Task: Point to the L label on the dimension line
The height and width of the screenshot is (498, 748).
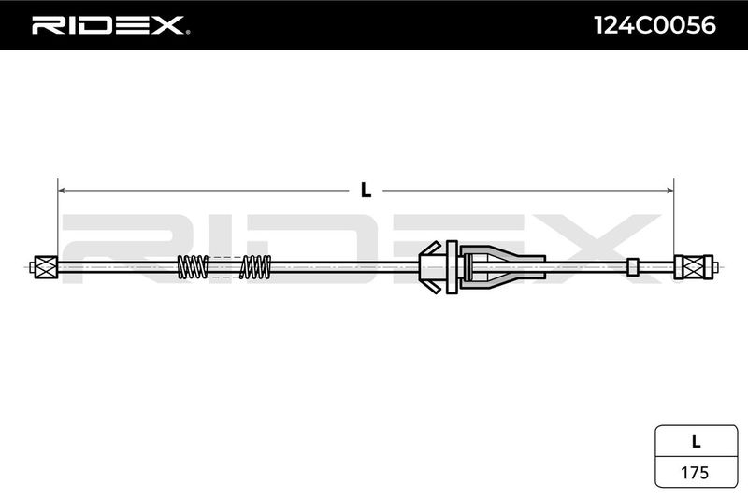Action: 366,190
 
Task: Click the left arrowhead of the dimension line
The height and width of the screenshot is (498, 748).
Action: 63,190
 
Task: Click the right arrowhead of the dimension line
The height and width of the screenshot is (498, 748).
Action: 669,190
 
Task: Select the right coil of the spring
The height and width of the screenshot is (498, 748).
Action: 255,267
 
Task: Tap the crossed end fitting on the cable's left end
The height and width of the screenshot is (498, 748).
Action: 46,267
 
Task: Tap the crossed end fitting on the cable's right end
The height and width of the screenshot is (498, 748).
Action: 694,267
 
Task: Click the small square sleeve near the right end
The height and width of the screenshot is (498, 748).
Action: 633,267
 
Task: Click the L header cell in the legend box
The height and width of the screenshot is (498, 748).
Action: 694,440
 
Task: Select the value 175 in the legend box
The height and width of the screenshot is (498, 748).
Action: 694,472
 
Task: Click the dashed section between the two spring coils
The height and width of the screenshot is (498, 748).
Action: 223,267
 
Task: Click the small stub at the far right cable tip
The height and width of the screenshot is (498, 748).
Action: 716,267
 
